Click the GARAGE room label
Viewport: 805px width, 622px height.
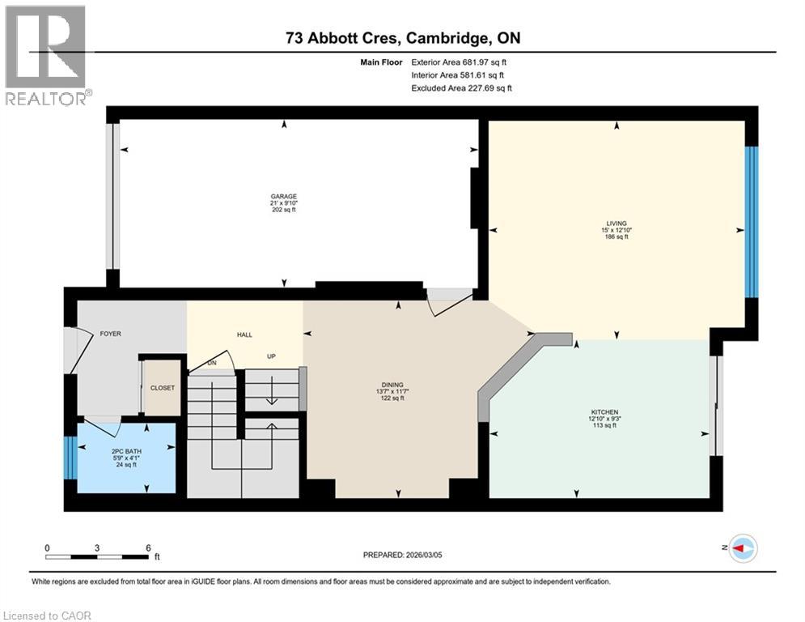(x=283, y=196)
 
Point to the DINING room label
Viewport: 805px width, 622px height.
(x=393, y=385)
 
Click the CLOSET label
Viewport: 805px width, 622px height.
(x=163, y=388)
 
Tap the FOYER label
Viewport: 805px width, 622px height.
(x=110, y=334)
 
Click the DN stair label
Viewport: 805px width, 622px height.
(x=211, y=363)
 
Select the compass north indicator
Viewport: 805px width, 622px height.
(x=741, y=549)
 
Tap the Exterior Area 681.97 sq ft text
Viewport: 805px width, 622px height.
(x=459, y=62)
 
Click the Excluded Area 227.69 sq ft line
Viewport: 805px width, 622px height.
(x=461, y=87)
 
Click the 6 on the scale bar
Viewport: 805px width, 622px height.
(x=148, y=548)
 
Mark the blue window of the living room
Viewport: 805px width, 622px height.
(x=752, y=222)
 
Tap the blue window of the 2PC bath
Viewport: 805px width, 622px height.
(x=70, y=458)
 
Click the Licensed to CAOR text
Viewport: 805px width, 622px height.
(x=47, y=616)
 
